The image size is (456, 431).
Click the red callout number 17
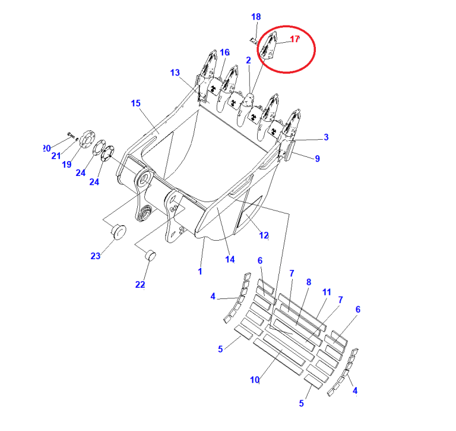(294, 39)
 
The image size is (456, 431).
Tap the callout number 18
(256, 17)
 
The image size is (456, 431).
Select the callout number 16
(225, 53)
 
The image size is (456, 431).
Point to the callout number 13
(175, 73)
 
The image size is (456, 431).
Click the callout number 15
(136, 103)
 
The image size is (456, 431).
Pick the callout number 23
(96, 256)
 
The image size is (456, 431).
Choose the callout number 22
(140, 285)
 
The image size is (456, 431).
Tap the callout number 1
(200, 272)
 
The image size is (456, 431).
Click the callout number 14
(230, 259)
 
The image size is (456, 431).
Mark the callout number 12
(264, 235)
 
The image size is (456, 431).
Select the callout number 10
(255, 380)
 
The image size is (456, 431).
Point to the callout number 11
(327, 292)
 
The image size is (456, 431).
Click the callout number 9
(317, 158)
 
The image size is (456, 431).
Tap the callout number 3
(326, 137)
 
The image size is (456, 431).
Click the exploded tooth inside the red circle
(268, 46)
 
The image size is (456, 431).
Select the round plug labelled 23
(119, 231)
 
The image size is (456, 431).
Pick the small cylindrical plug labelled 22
(150, 255)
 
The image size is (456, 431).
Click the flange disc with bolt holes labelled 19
(85, 141)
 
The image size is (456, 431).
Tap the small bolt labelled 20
(71, 134)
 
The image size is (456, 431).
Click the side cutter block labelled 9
(290, 150)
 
